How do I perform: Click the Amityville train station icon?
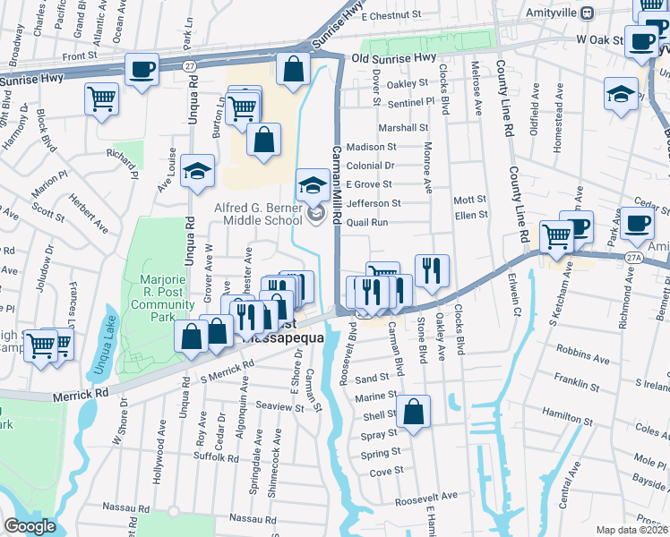pyautogui.click(x=588, y=13)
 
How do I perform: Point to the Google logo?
pyautogui.click(x=30, y=526)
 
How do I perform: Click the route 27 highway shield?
pyautogui.click(x=188, y=65)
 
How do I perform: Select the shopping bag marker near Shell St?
pyautogui.click(x=414, y=413)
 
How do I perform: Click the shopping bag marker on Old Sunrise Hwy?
pyautogui.click(x=293, y=68)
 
